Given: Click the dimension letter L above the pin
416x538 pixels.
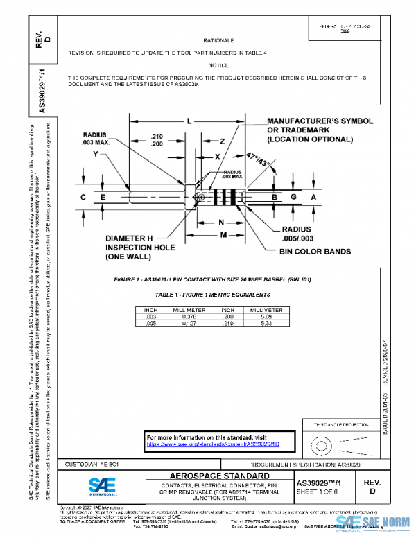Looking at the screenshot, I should click(189, 121).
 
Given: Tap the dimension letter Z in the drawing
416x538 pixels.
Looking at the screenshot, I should click(221, 141).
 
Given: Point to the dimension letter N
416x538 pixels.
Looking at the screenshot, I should click(221, 223).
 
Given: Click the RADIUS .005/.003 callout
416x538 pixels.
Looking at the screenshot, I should click(296, 234).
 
